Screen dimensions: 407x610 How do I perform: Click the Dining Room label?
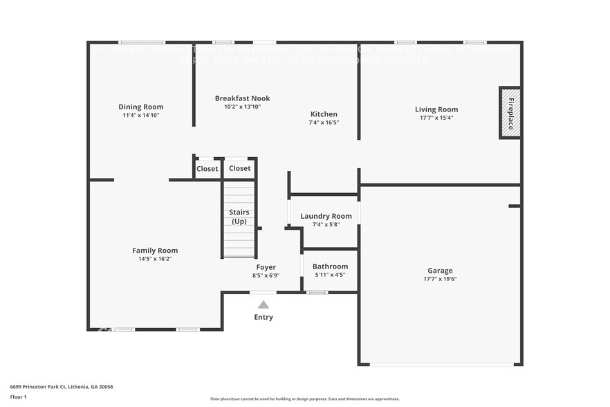tap(140, 107)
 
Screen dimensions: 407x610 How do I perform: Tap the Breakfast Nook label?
tap(242, 98)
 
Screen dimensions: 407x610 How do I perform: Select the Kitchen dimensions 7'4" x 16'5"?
tap(324, 123)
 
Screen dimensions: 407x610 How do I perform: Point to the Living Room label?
tap(436, 109)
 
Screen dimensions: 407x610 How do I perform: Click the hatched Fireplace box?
tap(510, 113)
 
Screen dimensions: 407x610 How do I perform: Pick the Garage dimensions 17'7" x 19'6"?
tap(440, 279)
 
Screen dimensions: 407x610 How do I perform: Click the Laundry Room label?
tap(326, 216)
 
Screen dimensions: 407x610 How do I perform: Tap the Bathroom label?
tap(330, 266)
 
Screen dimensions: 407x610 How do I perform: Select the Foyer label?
tap(266, 267)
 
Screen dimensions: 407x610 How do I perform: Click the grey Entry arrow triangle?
tap(264, 305)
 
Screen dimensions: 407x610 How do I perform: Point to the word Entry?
tap(264, 317)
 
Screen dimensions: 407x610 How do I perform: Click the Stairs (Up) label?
tap(239, 217)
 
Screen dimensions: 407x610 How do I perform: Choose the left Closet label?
tap(207, 169)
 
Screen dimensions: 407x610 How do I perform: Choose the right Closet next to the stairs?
tap(240, 168)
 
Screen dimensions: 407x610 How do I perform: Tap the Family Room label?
tap(155, 251)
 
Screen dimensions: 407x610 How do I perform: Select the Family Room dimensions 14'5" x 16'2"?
tap(155, 259)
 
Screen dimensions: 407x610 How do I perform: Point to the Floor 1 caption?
tap(18, 397)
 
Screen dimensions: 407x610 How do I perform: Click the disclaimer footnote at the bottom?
tap(304, 399)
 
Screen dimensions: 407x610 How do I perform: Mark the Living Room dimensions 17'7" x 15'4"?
tap(436, 118)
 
